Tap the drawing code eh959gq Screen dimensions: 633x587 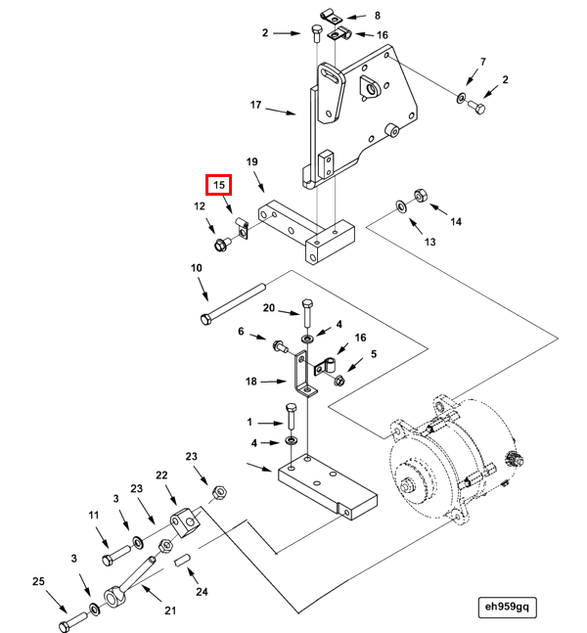508,607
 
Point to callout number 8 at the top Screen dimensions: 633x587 379,16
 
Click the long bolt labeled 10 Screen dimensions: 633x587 235,304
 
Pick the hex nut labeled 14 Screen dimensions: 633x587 420,196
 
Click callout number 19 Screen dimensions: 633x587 251,161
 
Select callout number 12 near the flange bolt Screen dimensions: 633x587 199,206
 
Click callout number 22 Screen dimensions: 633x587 162,475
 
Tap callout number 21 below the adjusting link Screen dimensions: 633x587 169,611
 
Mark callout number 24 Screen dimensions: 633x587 202,591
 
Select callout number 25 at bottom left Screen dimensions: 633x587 38,582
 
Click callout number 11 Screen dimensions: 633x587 94,515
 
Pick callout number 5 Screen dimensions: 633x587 373,354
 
